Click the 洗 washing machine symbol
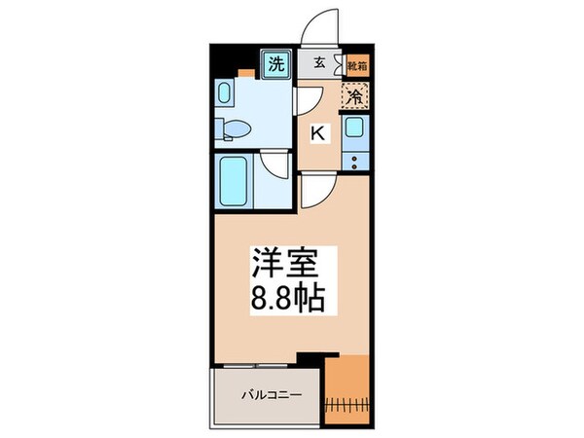pos(276,66)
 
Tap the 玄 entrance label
pos(318,66)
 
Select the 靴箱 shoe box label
pos(357,67)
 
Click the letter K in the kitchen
pos(318,133)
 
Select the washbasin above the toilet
pos(224,94)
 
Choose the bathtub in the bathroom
pos(237,178)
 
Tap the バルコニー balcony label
pos(270,395)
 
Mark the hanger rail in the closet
pos(347,403)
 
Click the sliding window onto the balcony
pos(268,364)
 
